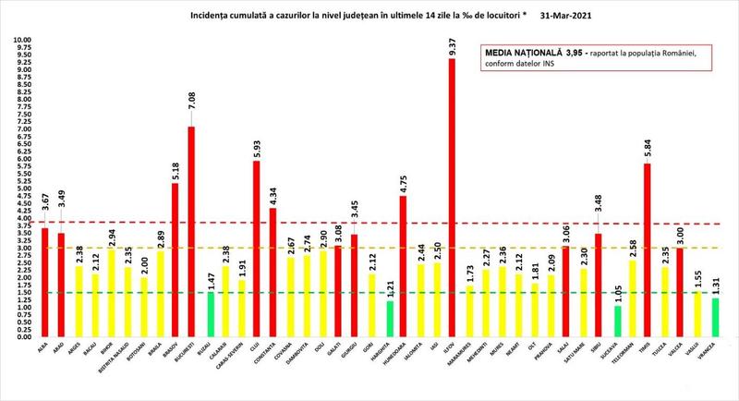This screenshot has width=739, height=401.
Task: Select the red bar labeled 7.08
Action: [x=191, y=231]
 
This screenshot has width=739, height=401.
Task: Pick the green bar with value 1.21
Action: [x=389, y=318]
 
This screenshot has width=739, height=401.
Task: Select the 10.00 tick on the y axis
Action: [x=20, y=41]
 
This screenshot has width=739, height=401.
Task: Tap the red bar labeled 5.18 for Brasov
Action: [x=176, y=260]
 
